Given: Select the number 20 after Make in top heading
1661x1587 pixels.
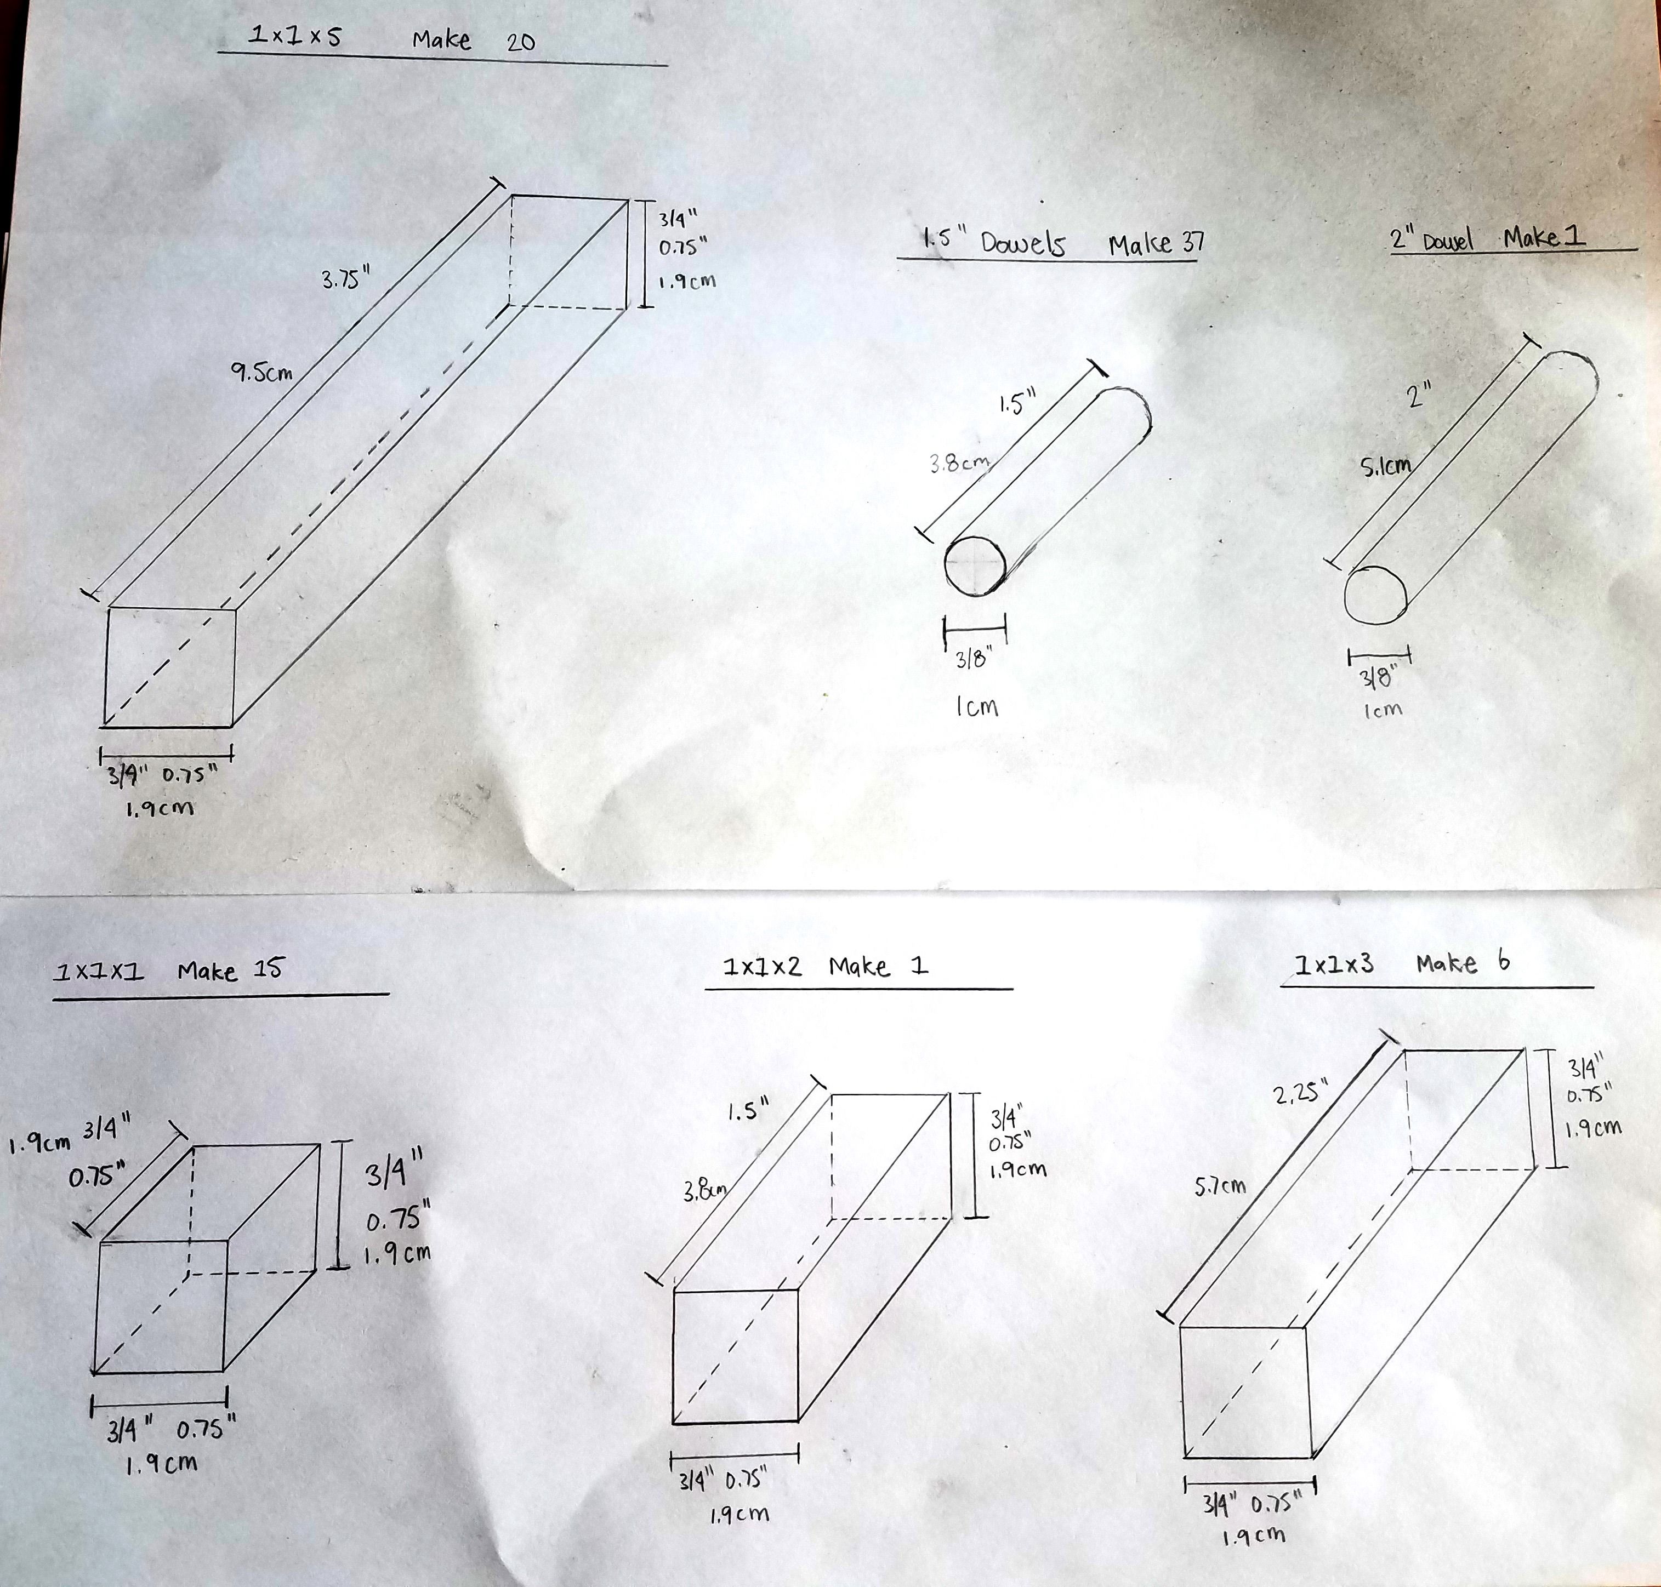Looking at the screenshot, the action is point(520,42).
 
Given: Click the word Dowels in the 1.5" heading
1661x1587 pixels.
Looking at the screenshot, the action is point(1022,244).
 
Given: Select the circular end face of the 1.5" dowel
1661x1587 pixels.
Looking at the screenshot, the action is point(975,566).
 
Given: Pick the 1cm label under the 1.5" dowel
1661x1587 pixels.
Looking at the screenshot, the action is point(977,706).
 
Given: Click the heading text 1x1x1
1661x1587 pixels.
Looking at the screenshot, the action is point(99,972).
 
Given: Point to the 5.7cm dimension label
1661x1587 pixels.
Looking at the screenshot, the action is point(1220,1186).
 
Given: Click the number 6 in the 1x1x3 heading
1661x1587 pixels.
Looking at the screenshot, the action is point(1503,961).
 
